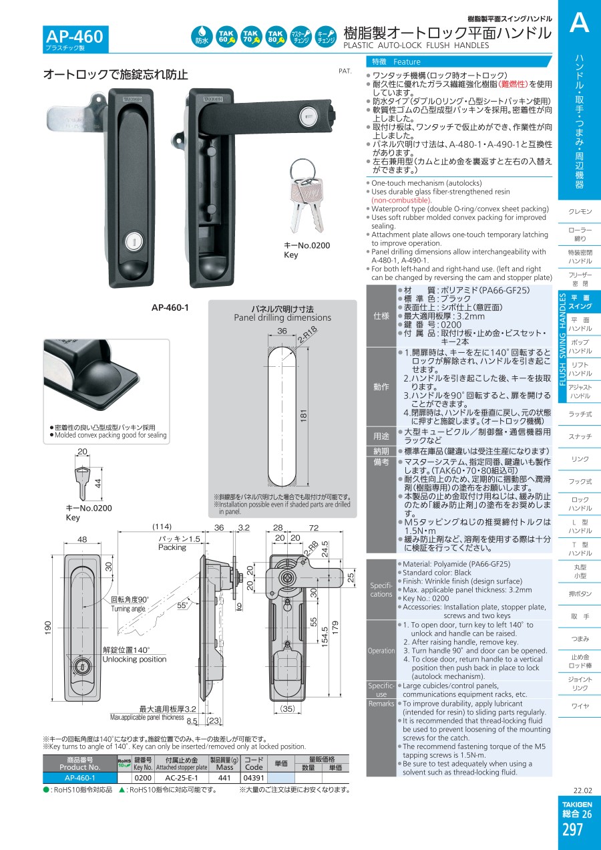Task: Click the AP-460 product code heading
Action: click(74, 37)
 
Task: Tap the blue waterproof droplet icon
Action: click(202, 37)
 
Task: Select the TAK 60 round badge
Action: click(226, 37)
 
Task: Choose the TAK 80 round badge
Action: click(276, 37)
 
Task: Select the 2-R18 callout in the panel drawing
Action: click(307, 335)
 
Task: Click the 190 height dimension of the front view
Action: click(48, 627)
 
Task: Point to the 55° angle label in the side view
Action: click(183, 605)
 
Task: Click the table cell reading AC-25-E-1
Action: click(181, 778)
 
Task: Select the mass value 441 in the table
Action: click(224, 778)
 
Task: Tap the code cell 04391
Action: click(254, 778)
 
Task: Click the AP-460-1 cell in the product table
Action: click(79, 778)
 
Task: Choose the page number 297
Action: click(572, 830)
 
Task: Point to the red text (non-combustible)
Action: click(401, 200)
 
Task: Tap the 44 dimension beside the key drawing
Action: click(98, 483)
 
